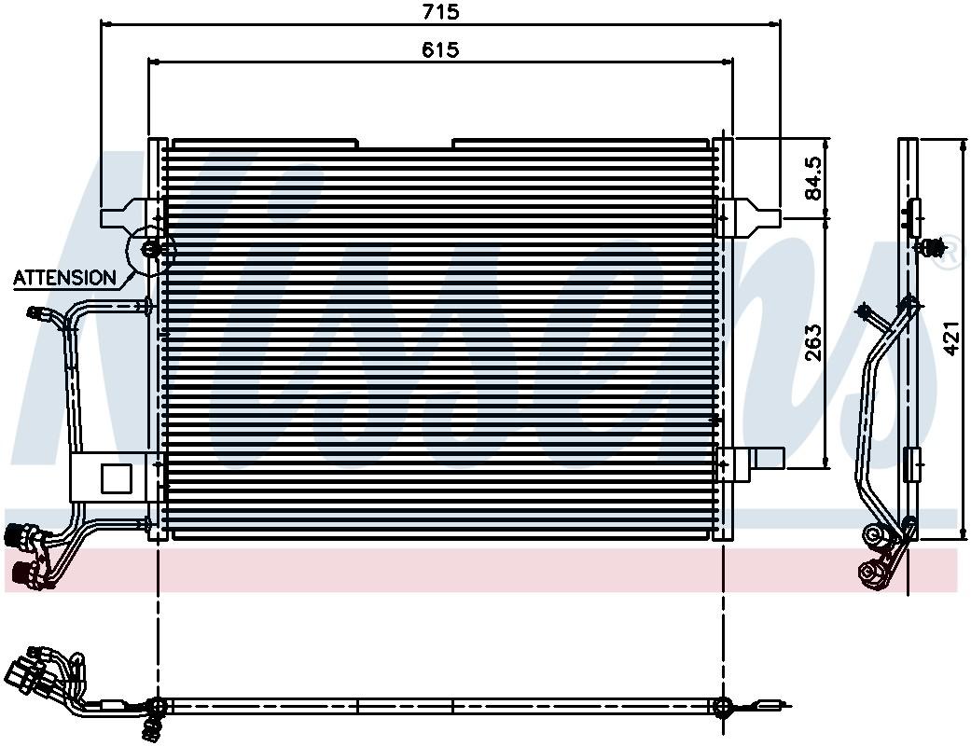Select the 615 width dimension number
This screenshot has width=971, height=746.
click(439, 50)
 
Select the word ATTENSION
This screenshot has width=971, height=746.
click(65, 277)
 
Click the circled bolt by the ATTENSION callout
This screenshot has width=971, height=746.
click(149, 250)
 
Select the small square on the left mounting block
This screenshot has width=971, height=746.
click(116, 477)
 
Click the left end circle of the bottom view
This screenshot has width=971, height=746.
click(157, 706)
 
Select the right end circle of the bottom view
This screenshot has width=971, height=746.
click(723, 706)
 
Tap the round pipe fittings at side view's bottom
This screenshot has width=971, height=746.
click(874, 555)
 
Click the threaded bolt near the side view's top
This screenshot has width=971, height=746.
click(932, 247)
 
